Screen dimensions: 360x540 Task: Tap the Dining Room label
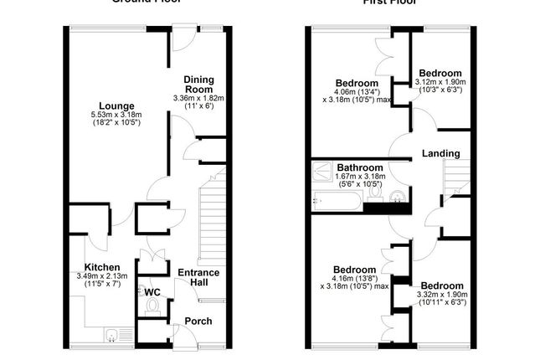[199, 85]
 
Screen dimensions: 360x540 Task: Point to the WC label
[152, 291]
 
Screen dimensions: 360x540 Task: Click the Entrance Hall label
[198, 278]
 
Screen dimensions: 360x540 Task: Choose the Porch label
[198, 321]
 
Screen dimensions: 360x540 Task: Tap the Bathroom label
[361, 167]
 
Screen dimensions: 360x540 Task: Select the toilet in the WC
[152, 306]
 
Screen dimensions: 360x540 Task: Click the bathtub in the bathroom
[336, 201]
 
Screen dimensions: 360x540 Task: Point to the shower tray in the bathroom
[321, 172]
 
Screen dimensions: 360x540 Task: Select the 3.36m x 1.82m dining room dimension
[199, 98]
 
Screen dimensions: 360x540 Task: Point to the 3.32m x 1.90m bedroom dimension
[442, 294]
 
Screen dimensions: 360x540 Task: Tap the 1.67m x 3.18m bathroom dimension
[361, 177]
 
